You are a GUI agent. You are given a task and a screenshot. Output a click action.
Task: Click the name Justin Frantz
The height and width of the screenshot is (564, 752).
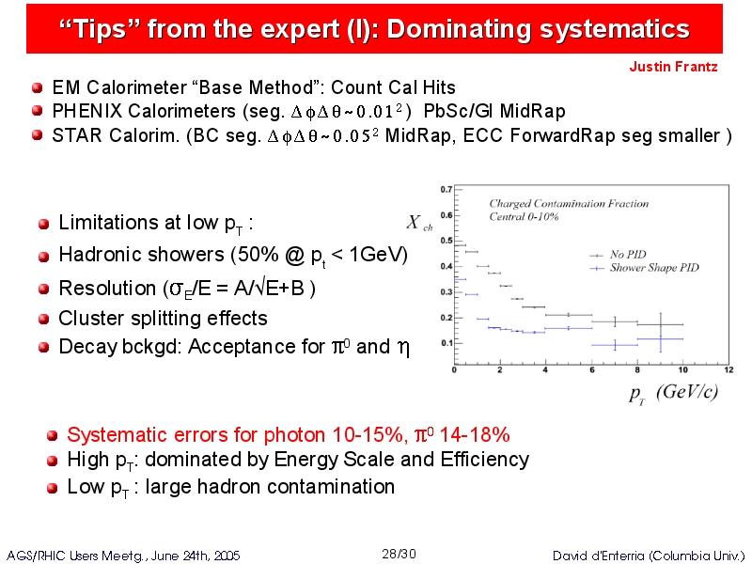[673, 66]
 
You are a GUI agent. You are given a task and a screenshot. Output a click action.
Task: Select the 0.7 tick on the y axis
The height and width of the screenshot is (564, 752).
[446, 190]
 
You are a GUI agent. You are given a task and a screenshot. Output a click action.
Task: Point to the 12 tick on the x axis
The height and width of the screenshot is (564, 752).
[728, 369]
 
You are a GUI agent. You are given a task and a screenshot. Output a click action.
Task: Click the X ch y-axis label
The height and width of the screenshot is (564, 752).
[419, 223]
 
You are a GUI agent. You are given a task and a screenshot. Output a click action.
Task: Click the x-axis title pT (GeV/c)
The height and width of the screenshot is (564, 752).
[673, 393]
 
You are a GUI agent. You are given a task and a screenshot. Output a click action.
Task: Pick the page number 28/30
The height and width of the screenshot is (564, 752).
[399, 554]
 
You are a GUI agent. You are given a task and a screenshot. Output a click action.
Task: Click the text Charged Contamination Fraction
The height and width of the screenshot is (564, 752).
[569, 203]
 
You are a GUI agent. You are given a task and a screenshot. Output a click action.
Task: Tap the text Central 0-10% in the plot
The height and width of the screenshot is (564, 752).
[524, 217]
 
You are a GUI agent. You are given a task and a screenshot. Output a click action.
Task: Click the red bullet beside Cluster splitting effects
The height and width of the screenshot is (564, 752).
[43, 319]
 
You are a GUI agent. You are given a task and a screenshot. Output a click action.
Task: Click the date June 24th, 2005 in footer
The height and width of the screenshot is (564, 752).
[196, 556]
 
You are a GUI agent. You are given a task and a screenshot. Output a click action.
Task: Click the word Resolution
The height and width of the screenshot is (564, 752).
[107, 289]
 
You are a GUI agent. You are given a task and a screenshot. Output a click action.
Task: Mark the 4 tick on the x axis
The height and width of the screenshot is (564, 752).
[545, 369]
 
